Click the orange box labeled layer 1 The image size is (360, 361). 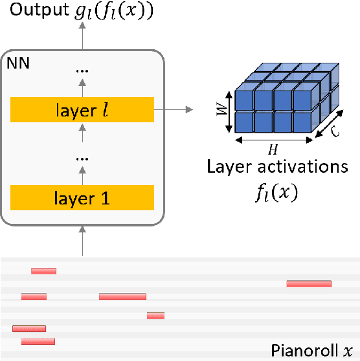coord(82,197)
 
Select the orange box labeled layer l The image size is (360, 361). coord(82,110)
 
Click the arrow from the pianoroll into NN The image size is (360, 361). coord(82,241)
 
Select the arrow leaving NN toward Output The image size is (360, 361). coord(82,39)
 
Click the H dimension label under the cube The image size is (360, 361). coord(273,149)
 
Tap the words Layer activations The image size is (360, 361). coord(277,166)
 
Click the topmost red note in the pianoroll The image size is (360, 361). coord(44,270)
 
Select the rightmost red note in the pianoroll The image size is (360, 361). coord(309,283)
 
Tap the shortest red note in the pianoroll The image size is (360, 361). coord(155,316)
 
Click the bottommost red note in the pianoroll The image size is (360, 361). coord(38,341)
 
